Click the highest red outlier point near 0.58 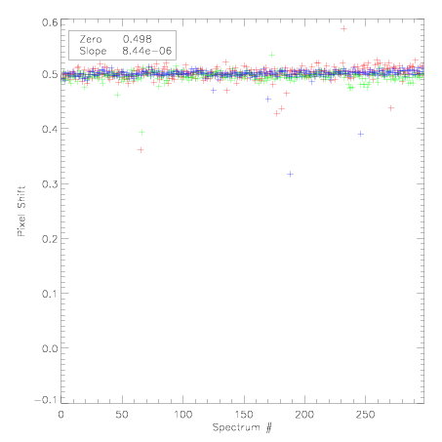tap(343, 29)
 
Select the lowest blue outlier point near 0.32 tap(290, 175)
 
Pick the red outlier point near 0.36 tap(141, 150)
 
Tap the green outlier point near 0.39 tap(141, 133)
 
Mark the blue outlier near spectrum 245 tap(360, 134)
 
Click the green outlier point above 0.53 tap(272, 55)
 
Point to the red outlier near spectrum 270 tap(391, 108)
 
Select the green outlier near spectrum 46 tap(117, 95)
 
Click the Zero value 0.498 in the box tap(137, 39)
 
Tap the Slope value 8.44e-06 tap(146, 51)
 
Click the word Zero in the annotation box tap(91, 39)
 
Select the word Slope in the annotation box tap(93, 51)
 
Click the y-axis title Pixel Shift tap(21, 212)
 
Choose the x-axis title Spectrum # tap(242, 427)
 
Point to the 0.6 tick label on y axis tap(50, 22)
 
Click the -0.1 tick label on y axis tap(46, 400)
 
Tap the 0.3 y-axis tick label tap(50, 184)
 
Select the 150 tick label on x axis tap(244, 415)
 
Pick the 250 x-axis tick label tap(365, 415)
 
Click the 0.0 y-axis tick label tap(50, 348)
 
